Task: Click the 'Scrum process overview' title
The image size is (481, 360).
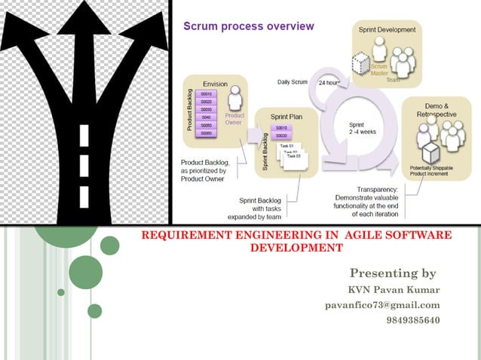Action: coord(249,27)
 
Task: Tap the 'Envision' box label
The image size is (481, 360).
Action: coord(215,84)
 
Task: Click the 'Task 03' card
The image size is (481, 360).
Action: coord(293,156)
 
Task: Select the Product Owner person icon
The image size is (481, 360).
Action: coord(234,99)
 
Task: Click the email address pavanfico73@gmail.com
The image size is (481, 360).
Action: coord(382,305)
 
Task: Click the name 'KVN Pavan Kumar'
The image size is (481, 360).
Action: coord(393,290)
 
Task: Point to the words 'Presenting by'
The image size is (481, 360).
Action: coord(393,273)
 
